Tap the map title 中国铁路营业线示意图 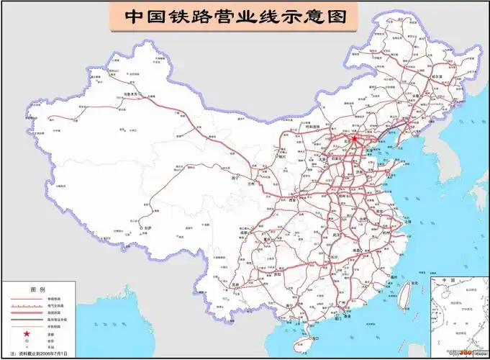point(231,16)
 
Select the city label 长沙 point(335,256)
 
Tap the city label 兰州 point(250,184)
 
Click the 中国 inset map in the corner point(460,316)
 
